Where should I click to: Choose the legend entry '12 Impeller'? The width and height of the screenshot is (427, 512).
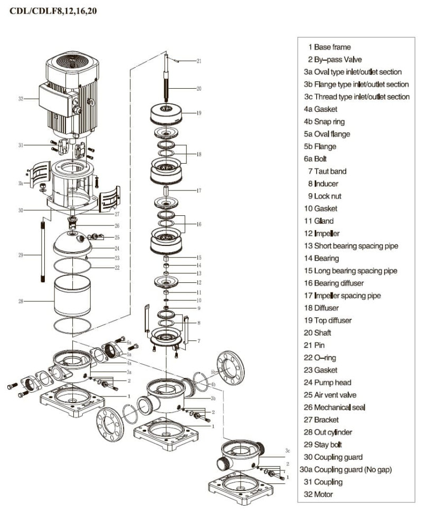click(x=321, y=233)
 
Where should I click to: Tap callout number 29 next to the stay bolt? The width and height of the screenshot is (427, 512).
click(x=21, y=255)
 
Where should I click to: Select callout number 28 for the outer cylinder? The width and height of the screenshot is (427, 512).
click(x=21, y=301)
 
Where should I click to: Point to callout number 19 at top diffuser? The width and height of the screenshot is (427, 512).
click(x=198, y=113)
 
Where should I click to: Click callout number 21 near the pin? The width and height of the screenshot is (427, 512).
click(x=199, y=61)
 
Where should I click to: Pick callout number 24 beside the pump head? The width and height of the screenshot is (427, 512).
click(x=117, y=248)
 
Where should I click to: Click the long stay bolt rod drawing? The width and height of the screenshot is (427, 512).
click(x=42, y=252)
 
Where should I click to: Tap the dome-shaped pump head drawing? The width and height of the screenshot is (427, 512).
click(x=73, y=241)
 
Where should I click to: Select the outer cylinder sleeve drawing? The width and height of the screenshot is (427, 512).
click(x=72, y=298)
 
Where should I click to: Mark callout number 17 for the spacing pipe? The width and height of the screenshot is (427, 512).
click(x=198, y=190)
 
